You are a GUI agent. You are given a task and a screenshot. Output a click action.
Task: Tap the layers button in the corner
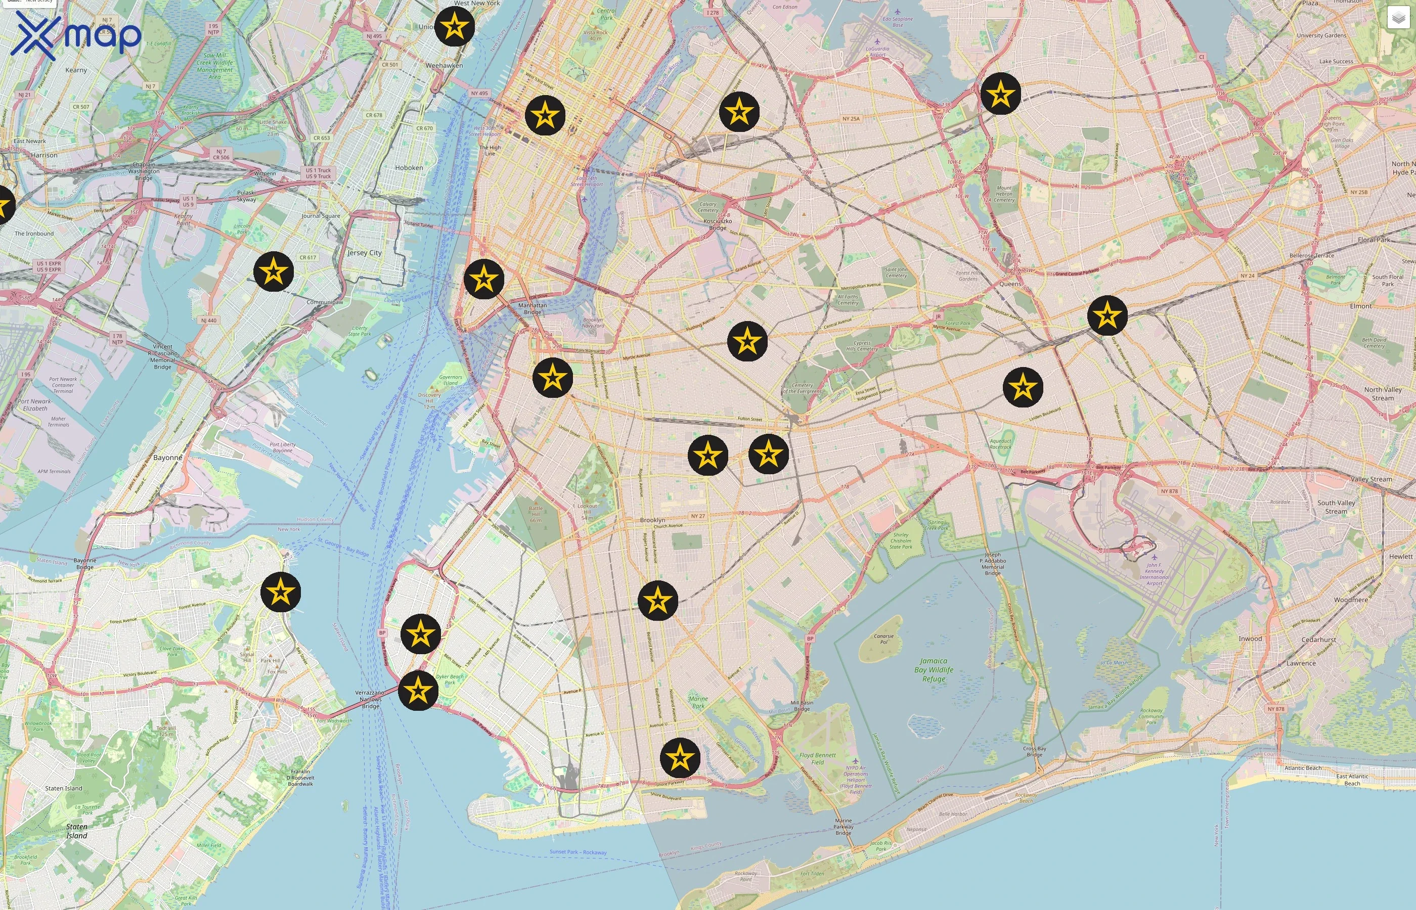[x=1398, y=18]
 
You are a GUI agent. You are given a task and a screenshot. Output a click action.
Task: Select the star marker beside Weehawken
[x=455, y=27]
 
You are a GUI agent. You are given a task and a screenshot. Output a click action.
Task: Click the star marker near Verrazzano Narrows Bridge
[x=418, y=690]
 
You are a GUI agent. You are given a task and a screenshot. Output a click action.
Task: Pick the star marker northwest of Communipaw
[x=274, y=272]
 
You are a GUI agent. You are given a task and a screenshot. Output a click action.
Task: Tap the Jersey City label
[x=364, y=253]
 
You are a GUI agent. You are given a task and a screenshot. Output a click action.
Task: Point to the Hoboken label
[x=409, y=168]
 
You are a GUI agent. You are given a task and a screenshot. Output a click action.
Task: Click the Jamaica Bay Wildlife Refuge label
[x=934, y=670]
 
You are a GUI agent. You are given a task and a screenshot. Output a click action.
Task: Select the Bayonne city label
[x=168, y=458]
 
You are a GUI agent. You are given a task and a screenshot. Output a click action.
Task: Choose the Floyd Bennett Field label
[x=817, y=759]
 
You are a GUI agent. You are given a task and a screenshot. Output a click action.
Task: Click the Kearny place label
[x=76, y=70]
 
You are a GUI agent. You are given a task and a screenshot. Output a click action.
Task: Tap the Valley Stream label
[x=1371, y=479]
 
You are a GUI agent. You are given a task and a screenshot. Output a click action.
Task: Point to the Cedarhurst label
[x=1318, y=640]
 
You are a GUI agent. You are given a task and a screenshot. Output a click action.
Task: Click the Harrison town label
[x=45, y=155]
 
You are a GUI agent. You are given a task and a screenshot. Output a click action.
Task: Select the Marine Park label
[x=698, y=702]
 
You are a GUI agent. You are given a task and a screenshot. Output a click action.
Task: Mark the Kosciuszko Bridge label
[x=718, y=224]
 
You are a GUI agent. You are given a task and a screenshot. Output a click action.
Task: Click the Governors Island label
[x=450, y=380]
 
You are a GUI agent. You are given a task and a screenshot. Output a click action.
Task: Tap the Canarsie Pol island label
[x=883, y=639]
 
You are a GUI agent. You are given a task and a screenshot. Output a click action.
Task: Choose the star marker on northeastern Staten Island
[x=281, y=592]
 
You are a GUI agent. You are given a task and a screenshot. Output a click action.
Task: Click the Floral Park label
[x=1374, y=240]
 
